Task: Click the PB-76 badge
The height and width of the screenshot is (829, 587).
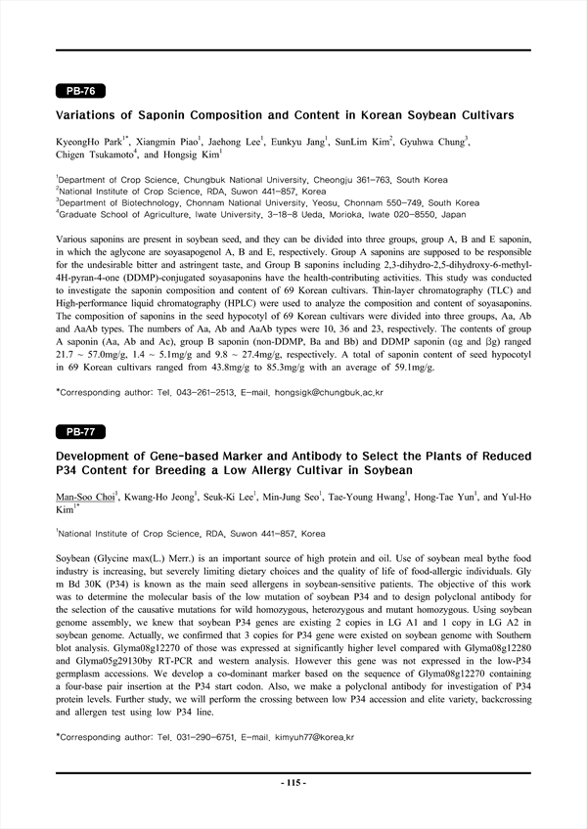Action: click(x=80, y=91)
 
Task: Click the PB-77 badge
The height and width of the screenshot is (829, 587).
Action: click(x=80, y=431)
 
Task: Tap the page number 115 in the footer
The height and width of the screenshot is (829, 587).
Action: click(x=293, y=783)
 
